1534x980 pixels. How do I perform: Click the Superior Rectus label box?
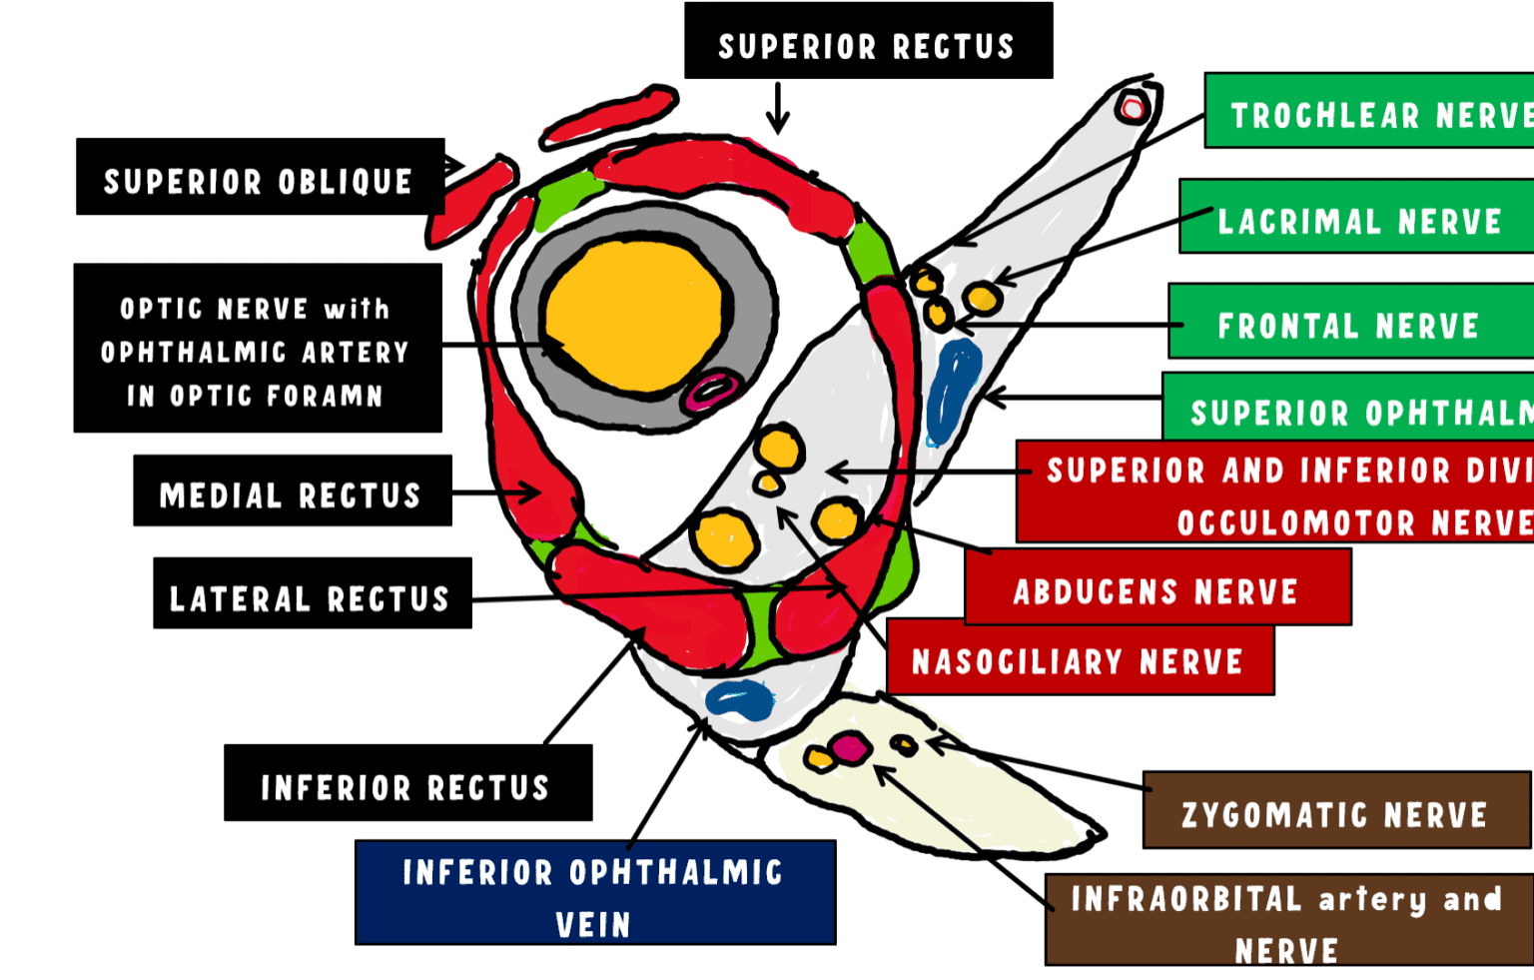click(x=867, y=41)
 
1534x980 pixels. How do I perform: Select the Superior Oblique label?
click(x=260, y=177)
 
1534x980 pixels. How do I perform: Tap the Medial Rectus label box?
click(x=292, y=490)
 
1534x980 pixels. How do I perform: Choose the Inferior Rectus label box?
click(x=407, y=783)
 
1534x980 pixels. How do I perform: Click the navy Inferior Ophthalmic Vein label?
click(x=595, y=892)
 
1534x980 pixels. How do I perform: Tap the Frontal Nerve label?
click(x=1350, y=321)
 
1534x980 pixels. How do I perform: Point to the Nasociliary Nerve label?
click(x=1079, y=659)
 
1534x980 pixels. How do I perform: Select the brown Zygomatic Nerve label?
click(x=1336, y=810)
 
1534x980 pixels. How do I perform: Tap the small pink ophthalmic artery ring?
click(x=710, y=390)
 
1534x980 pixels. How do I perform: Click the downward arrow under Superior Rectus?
click(x=778, y=108)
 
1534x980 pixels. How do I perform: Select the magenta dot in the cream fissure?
click(x=850, y=747)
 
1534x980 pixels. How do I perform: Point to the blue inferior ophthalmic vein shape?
click(x=740, y=698)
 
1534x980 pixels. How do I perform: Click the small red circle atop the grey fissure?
click(x=1133, y=107)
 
